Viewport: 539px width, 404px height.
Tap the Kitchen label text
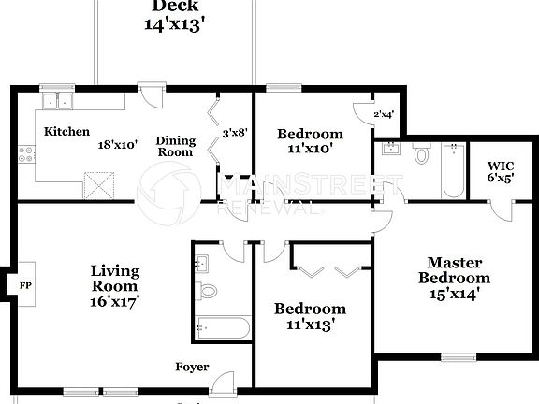(67, 132)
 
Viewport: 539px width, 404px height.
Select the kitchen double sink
(57, 101)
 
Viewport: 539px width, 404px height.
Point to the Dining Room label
(175, 146)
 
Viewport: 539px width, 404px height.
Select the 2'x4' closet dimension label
(384, 114)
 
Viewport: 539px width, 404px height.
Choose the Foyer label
(192, 367)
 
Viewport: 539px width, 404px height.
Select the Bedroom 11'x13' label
(310, 316)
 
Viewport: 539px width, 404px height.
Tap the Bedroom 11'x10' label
(310, 140)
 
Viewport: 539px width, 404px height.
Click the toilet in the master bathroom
(421, 153)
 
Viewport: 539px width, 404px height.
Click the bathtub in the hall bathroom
(223, 328)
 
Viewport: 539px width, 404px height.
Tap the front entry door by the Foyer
(223, 383)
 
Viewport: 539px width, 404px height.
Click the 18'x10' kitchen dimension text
(118, 145)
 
